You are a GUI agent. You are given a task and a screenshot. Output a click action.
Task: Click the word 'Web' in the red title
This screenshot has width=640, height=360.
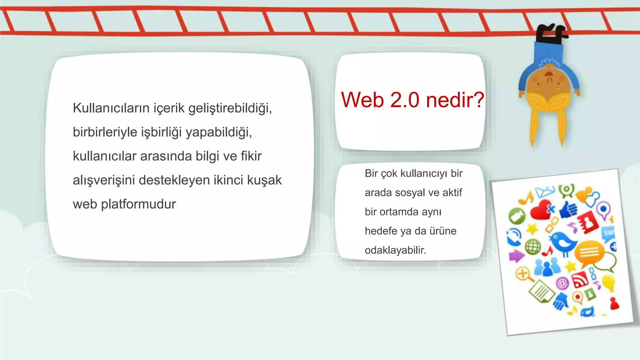click(362, 100)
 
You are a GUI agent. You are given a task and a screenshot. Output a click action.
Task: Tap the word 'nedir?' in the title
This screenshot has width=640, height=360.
click(455, 100)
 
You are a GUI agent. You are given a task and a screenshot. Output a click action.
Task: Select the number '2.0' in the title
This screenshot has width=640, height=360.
click(405, 100)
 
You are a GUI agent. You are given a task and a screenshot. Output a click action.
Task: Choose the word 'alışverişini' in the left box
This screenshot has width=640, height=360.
click(103, 180)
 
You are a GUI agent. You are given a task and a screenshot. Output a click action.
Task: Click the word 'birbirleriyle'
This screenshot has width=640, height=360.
click(105, 132)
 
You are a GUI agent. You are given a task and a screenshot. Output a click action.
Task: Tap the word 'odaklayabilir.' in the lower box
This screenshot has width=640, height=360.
click(395, 250)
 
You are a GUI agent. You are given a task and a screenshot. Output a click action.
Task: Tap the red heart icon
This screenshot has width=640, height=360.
click(541, 210)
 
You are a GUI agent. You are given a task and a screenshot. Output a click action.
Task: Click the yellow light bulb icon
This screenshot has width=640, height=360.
click(608, 282)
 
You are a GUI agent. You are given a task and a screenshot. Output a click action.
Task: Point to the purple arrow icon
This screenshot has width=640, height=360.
click(516, 256)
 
